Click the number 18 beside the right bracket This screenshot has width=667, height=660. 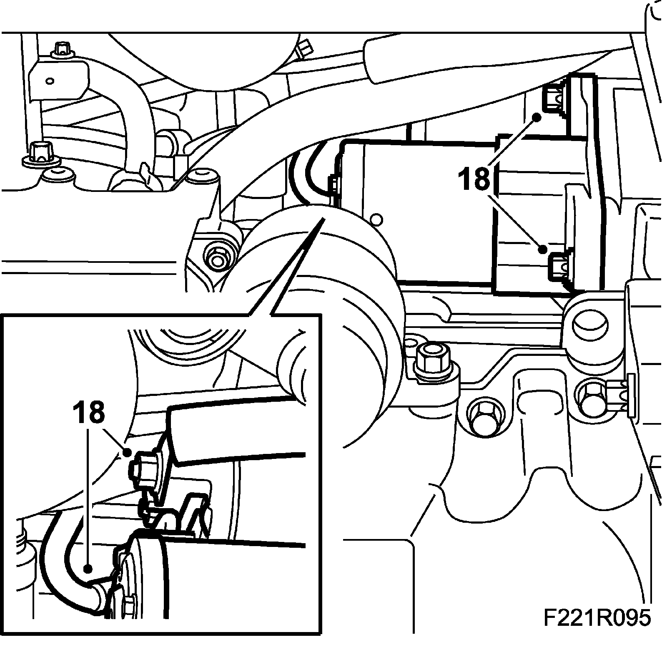(474, 179)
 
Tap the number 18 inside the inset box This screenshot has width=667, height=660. (89, 412)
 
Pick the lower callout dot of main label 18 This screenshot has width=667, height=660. (542, 249)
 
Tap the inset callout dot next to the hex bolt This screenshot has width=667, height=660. (128, 451)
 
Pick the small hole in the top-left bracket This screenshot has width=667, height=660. (50, 81)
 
